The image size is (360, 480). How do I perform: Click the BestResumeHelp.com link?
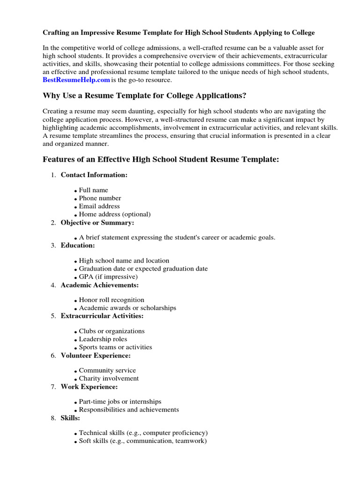pyautogui.click(x=76, y=80)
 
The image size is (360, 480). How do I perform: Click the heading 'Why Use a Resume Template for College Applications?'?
pyautogui.click(x=144, y=96)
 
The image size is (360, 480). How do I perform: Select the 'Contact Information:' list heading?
pyautogui.click(x=94, y=175)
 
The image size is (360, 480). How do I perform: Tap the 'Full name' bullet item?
pyautogui.click(x=93, y=190)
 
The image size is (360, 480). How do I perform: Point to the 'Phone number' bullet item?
pyautogui.click(x=100, y=198)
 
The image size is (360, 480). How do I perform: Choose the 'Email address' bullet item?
pyautogui.click(x=99, y=206)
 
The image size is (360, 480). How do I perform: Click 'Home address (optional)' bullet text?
pyautogui.click(x=115, y=214)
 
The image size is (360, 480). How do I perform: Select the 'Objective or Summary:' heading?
pyautogui.click(x=97, y=223)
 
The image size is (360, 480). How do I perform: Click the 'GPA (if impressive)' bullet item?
pyautogui.click(x=108, y=277)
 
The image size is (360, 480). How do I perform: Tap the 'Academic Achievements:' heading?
pyautogui.click(x=100, y=285)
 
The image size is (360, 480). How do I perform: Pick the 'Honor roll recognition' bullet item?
pyautogui.click(x=112, y=300)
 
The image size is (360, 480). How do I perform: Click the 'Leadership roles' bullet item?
pyautogui.click(x=103, y=339)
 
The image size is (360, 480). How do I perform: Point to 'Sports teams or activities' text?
pyautogui.click(x=115, y=347)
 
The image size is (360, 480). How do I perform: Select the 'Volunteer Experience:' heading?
pyautogui.click(x=96, y=356)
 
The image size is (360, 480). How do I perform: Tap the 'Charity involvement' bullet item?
pyautogui.click(x=109, y=378)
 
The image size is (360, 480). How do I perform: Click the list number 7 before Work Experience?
pyautogui.click(x=53, y=387)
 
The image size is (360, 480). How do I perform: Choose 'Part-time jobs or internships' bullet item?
pyautogui.click(x=120, y=402)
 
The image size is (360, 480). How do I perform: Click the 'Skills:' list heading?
pyautogui.click(x=70, y=418)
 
